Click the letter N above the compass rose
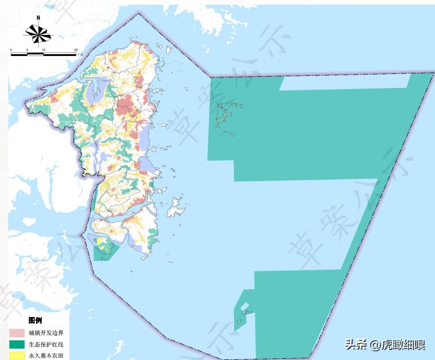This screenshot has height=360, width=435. (38, 18)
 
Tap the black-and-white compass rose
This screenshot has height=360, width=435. (38, 34)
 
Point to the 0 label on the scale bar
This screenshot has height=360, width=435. (12, 50)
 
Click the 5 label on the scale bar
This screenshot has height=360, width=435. (27, 50)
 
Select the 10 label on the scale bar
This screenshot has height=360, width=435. (44, 50)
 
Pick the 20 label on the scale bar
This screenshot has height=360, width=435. (76, 50)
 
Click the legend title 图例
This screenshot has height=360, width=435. (35, 320)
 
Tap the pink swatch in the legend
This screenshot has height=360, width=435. (16, 333)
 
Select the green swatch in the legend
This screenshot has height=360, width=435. (16, 344)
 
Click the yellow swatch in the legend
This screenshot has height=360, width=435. (16, 355)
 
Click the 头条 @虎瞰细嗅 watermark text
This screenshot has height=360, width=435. (385, 344)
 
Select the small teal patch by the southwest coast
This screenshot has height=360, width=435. (105, 250)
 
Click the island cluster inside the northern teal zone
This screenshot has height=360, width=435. (227, 114)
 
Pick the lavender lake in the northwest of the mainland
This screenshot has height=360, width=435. (94, 91)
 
